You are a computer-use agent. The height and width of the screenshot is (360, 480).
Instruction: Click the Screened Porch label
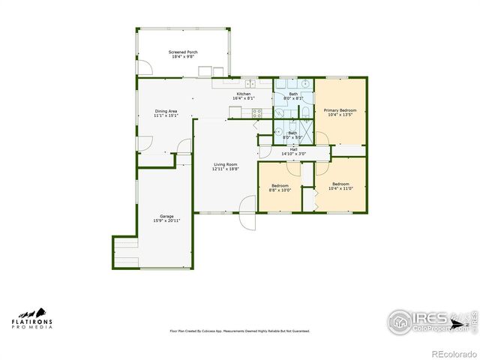tap(182, 55)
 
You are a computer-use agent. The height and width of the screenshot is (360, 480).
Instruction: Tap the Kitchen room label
tap(244, 96)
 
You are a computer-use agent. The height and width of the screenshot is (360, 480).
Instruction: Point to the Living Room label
tap(225, 166)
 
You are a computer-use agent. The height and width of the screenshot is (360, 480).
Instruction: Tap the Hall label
tap(293, 152)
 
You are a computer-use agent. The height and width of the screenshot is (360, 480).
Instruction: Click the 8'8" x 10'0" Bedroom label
tap(280, 187)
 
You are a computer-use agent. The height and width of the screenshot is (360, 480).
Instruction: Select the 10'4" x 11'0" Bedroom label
tap(340, 186)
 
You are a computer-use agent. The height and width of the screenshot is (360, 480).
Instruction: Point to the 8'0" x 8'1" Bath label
tap(293, 96)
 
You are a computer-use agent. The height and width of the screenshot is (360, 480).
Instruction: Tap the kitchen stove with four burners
tap(256, 113)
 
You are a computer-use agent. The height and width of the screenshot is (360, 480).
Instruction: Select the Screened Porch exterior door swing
tap(145, 68)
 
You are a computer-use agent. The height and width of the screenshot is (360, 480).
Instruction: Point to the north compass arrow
tap(466, 323)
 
